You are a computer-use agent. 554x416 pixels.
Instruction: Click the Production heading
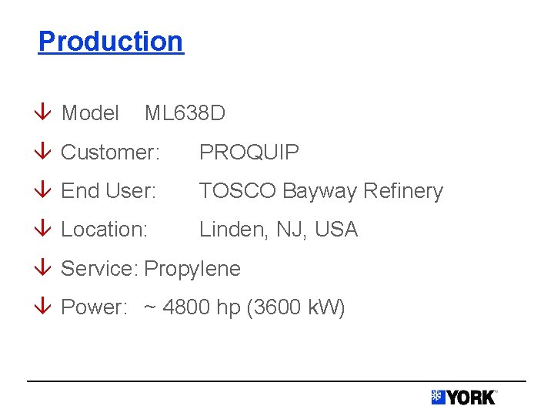click(111, 41)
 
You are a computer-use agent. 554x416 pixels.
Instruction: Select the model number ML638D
click(185, 113)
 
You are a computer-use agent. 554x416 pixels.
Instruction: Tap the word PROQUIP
click(249, 153)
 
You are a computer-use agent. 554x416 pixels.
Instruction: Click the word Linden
click(229, 230)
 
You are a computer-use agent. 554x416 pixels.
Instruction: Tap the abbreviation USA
click(335, 230)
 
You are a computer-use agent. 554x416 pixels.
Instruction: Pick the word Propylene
click(192, 269)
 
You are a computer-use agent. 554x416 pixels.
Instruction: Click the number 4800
click(187, 307)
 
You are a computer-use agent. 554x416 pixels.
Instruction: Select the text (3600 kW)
click(296, 308)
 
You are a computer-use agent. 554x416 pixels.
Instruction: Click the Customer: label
click(110, 153)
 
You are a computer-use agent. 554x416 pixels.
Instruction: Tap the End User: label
click(108, 191)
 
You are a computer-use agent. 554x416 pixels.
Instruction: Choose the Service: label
click(99, 269)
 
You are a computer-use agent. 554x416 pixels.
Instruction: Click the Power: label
click(94, 307)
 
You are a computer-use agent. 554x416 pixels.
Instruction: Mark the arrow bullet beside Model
click(45, 113)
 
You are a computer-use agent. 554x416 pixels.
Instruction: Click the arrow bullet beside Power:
click(45, 307)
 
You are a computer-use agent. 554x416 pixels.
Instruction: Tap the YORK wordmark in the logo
click(471, 398)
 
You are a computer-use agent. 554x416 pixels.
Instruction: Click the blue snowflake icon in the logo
click(439, 398)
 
